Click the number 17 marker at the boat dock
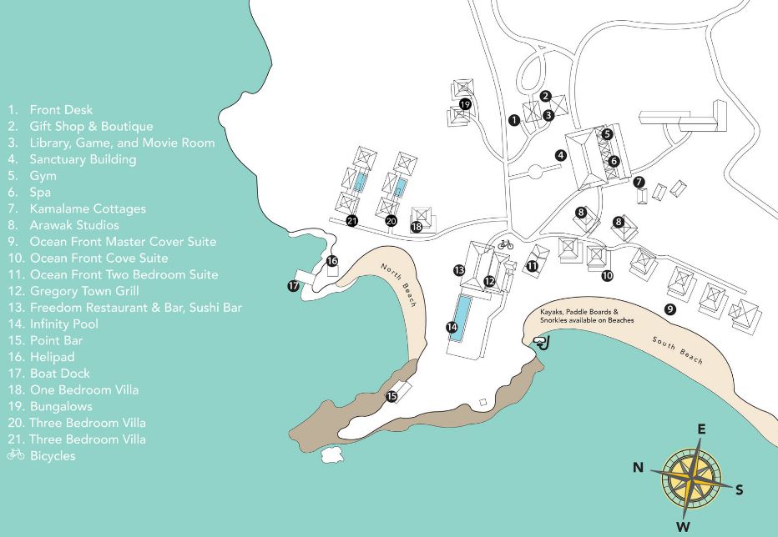(x=293, y=286)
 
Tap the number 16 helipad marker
(x=331, y=261)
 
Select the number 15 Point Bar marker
(x=392, y=396)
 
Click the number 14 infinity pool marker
(x=452, y=328)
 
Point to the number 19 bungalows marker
(x=465, y=104)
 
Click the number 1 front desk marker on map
(x=514, y=120)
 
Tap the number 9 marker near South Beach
(x=669, y=309)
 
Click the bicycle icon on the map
(x=505, y=244)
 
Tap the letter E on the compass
(x=702, y=429)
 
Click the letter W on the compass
(x=683, y=526)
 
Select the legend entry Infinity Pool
(x=63, y=324)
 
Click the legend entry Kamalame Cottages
(x=87, y=208)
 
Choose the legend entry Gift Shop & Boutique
(x=91, y=126)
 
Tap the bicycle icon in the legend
(x=15, y=455)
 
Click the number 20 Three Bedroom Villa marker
(x=392, y=221)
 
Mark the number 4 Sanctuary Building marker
(x=561, y=155)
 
